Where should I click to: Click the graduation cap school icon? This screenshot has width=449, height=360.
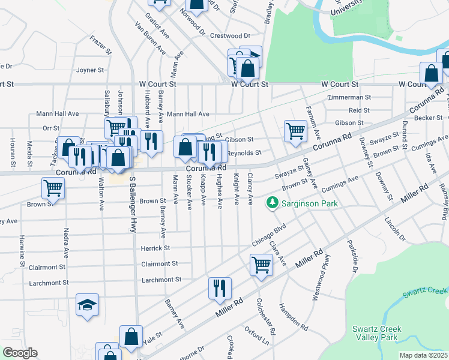[87, 305]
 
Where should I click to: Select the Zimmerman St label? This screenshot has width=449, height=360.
[349, 97]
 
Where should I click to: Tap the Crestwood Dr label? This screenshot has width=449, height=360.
[231, 36]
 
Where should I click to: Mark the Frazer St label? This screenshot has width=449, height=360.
[101, 45]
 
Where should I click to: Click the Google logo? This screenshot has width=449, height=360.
[19, 353]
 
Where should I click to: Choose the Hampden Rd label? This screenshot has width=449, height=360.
[292, 319]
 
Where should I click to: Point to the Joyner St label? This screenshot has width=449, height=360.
[90, 70]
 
